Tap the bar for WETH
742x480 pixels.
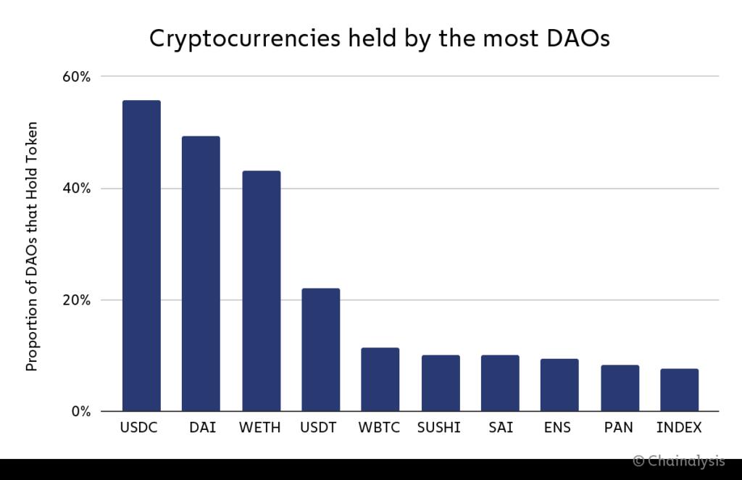coord(261,291)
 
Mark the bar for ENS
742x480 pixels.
coord(559,385)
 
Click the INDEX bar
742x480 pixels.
coord(680,390)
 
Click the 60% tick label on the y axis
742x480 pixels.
coord(75,77)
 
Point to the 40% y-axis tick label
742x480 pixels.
coord(75,189)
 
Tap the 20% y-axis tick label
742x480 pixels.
coord(75,300)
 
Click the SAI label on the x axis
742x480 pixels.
coord(501,428)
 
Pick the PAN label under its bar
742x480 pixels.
coord(620,428)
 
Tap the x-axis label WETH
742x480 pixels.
coord(260,428)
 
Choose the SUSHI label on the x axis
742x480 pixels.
coord(439,428)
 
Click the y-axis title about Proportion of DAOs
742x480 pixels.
coord(32,247)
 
